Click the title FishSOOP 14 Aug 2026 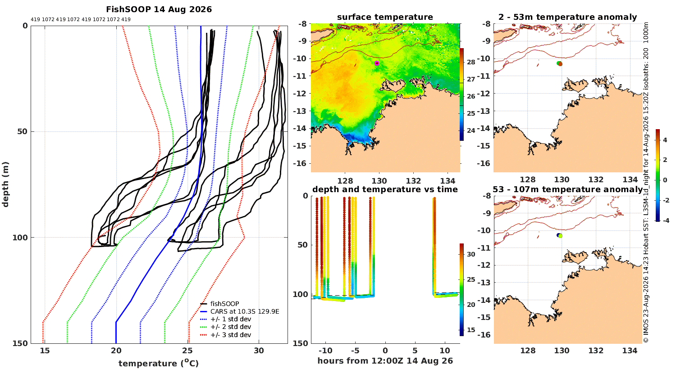point(159,9)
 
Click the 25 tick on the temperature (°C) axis point(187,351)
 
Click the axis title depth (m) point(5,184)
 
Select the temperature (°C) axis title point(159,363)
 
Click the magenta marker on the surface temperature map point(377,63)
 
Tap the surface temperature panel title point(385,17)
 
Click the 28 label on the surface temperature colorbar point(471,62)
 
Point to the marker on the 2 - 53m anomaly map point(560,63)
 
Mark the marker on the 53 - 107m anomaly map point(560,235)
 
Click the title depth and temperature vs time point(385,189)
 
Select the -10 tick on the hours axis point(325,351)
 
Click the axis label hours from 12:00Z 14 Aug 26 point(385,361)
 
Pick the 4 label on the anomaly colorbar point(665,140)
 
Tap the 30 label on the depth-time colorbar point(471,254)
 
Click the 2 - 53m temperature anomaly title point(568,17)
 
